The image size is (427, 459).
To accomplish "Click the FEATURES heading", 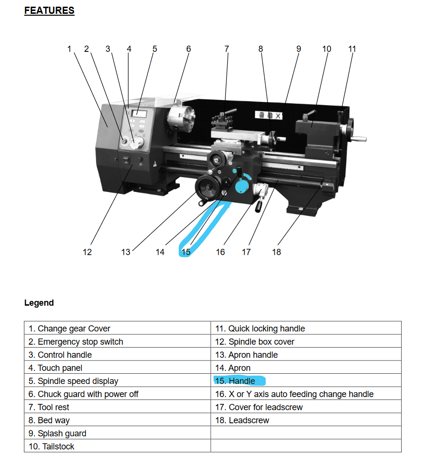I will pyautogui.click(x=49, y=10).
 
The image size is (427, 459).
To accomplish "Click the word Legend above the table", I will pyautogui.click(x=39, y=303).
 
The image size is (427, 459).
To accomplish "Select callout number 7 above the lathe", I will pyautogui.click(x=227, y=49).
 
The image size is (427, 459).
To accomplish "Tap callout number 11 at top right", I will pyautogui.click(x=352, y=49).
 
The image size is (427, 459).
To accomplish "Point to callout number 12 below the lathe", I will pyautogui.click(x=87, y=252).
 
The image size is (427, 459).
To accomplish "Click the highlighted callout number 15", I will pyautogui.click(x=186, y=252).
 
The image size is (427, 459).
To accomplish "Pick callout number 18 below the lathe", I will pyautogui.click(x=277, y=252).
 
